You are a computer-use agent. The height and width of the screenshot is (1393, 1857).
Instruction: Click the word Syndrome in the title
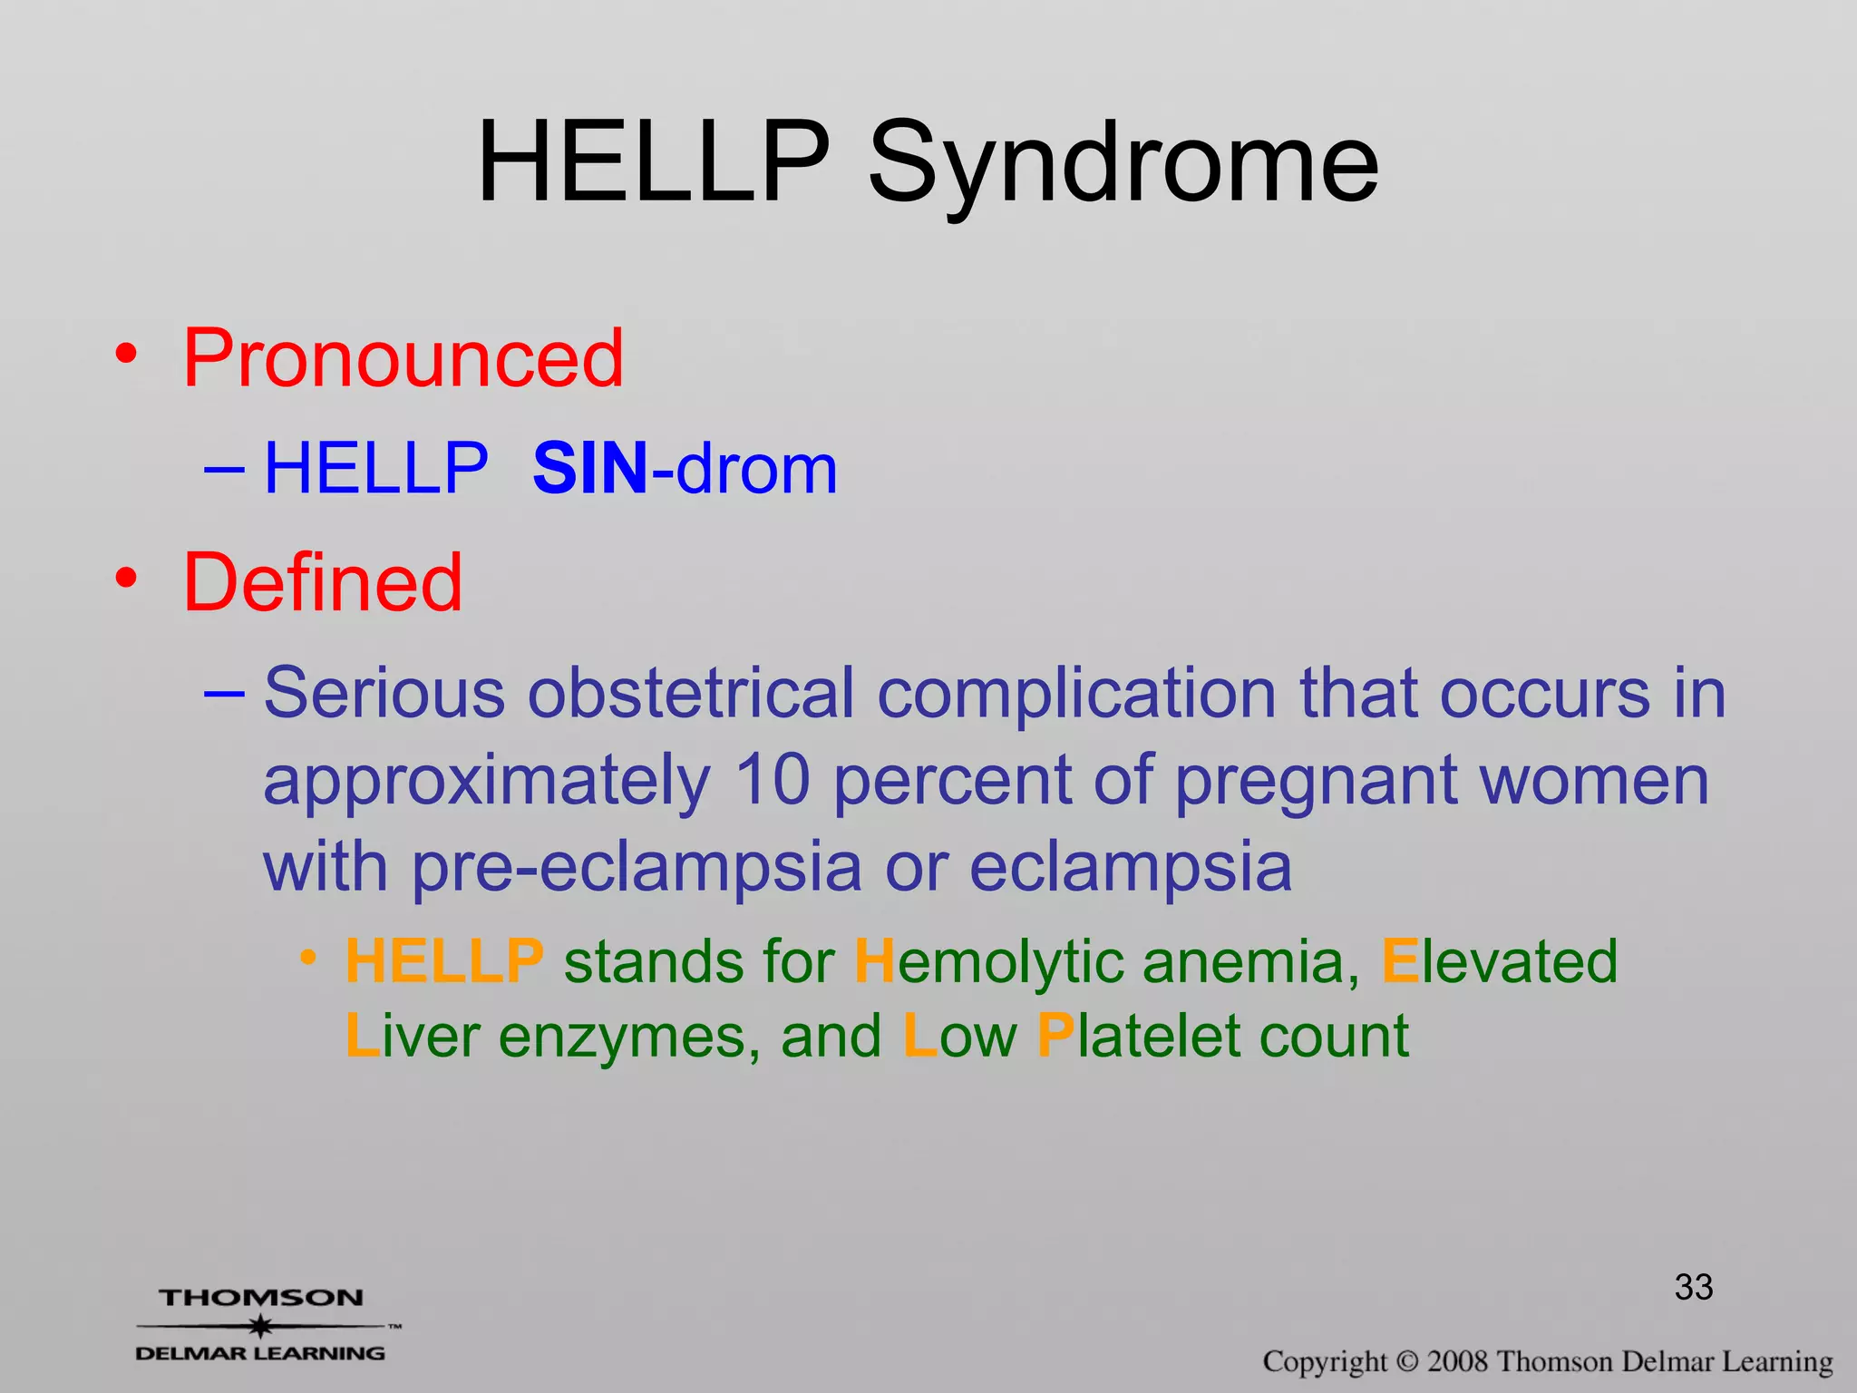pyautogui.click(x=1123, y=163)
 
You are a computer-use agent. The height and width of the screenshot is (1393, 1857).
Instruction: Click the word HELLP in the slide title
pyautogui.click(x=653, y=163)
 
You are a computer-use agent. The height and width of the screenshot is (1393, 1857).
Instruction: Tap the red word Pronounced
pyautogui.click(x=403, y=359)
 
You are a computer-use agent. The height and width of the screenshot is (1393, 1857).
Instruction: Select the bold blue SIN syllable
pyautogui.click(x=590, y=470)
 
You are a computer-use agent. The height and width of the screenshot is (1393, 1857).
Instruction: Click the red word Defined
pyautogui.click(x=323, y=583)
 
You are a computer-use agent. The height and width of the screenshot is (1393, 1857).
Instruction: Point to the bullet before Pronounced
pyautogui.click(x=127, y=354)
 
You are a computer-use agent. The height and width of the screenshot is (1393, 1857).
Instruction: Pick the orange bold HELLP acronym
pyautogui.click(x=444, y=962)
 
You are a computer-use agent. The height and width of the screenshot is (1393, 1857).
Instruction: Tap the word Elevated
pyautogui.click(x=1499, y=962)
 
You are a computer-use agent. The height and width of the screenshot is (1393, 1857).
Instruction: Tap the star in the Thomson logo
pyautogui.click(x=261, y=1327)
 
